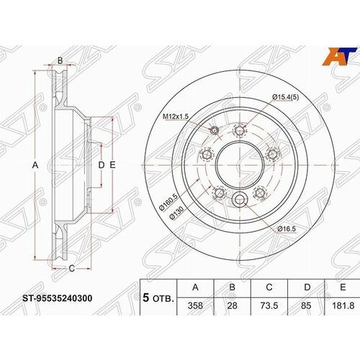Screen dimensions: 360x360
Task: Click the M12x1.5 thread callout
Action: click(175, 117)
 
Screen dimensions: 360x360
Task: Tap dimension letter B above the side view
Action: click(60, 60)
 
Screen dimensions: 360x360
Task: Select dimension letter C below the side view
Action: click(71, 269)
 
